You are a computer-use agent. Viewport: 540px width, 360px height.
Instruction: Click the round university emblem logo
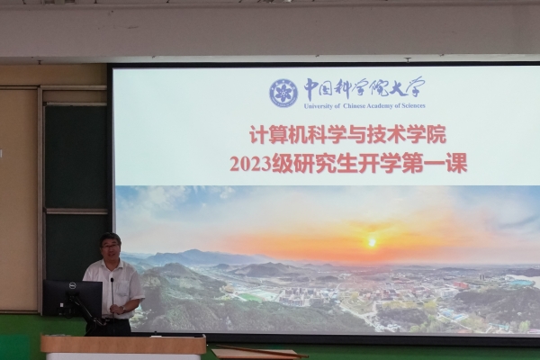pos(283,93)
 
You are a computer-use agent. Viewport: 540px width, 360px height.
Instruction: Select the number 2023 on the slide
pos(250,165)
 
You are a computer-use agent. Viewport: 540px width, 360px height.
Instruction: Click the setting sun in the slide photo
pos(372,243)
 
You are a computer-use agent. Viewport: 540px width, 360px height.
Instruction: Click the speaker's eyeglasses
pos(110,246)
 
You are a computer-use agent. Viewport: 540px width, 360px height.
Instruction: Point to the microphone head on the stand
pos(112,280)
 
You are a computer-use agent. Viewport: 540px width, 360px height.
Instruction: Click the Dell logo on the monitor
pos(72,285)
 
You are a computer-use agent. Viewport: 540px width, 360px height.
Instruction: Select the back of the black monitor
pos(73,298)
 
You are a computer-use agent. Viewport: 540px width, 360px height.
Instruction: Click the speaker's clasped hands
pos(119,310)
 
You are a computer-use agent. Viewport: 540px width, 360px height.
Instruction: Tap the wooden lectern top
pos(123,344)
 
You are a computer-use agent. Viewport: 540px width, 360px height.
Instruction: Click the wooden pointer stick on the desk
pos(263,351)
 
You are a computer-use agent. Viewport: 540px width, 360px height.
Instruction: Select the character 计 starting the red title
pos(258,135)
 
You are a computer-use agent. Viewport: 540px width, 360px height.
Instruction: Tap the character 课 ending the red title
pos(457,163)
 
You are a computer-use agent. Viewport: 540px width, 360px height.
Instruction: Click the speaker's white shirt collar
pos(112,265)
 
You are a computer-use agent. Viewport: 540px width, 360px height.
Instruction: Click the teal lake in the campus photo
pos(522,282)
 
